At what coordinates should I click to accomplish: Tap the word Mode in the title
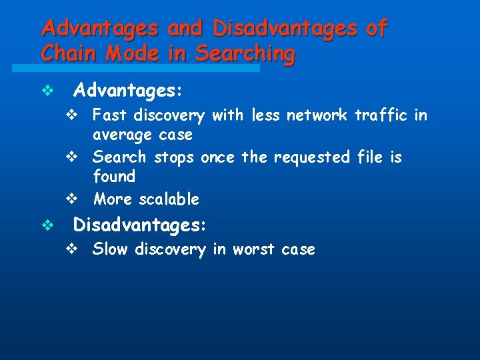132,53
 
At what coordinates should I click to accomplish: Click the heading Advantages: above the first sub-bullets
128,89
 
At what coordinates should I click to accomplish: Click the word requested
313,157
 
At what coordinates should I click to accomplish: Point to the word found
114,177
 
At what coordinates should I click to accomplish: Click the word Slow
111,249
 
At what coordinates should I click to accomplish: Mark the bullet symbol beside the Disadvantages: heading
47,226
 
